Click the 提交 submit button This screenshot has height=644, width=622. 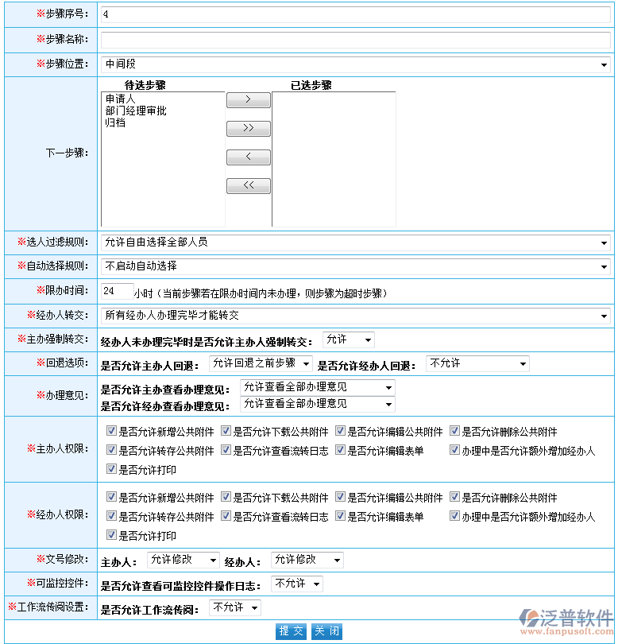[291, 631]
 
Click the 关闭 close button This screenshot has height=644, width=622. [326, 631]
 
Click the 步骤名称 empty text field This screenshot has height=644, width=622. [354, 40]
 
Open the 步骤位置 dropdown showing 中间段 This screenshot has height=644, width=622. [354, 64]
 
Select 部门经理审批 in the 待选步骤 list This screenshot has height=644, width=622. [136, 111]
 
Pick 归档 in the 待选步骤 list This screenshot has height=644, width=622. [115, 123]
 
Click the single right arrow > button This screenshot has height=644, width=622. [248, 99]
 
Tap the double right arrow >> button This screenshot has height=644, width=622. [248, 128]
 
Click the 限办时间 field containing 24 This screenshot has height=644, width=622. [117, 292]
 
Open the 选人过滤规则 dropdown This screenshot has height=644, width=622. [354, 242]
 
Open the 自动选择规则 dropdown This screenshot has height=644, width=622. [354, 266]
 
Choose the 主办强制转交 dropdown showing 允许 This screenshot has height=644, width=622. [348, 340]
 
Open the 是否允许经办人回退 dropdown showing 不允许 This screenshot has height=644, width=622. [477, 364]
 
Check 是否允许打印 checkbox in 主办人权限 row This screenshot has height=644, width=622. [111, 469]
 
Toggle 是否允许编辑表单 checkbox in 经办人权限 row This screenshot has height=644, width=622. [340, 517]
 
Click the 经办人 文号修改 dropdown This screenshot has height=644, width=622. [307, 561]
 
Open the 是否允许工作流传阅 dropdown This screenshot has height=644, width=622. [235, 608]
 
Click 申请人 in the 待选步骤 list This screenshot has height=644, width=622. [121, 99]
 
